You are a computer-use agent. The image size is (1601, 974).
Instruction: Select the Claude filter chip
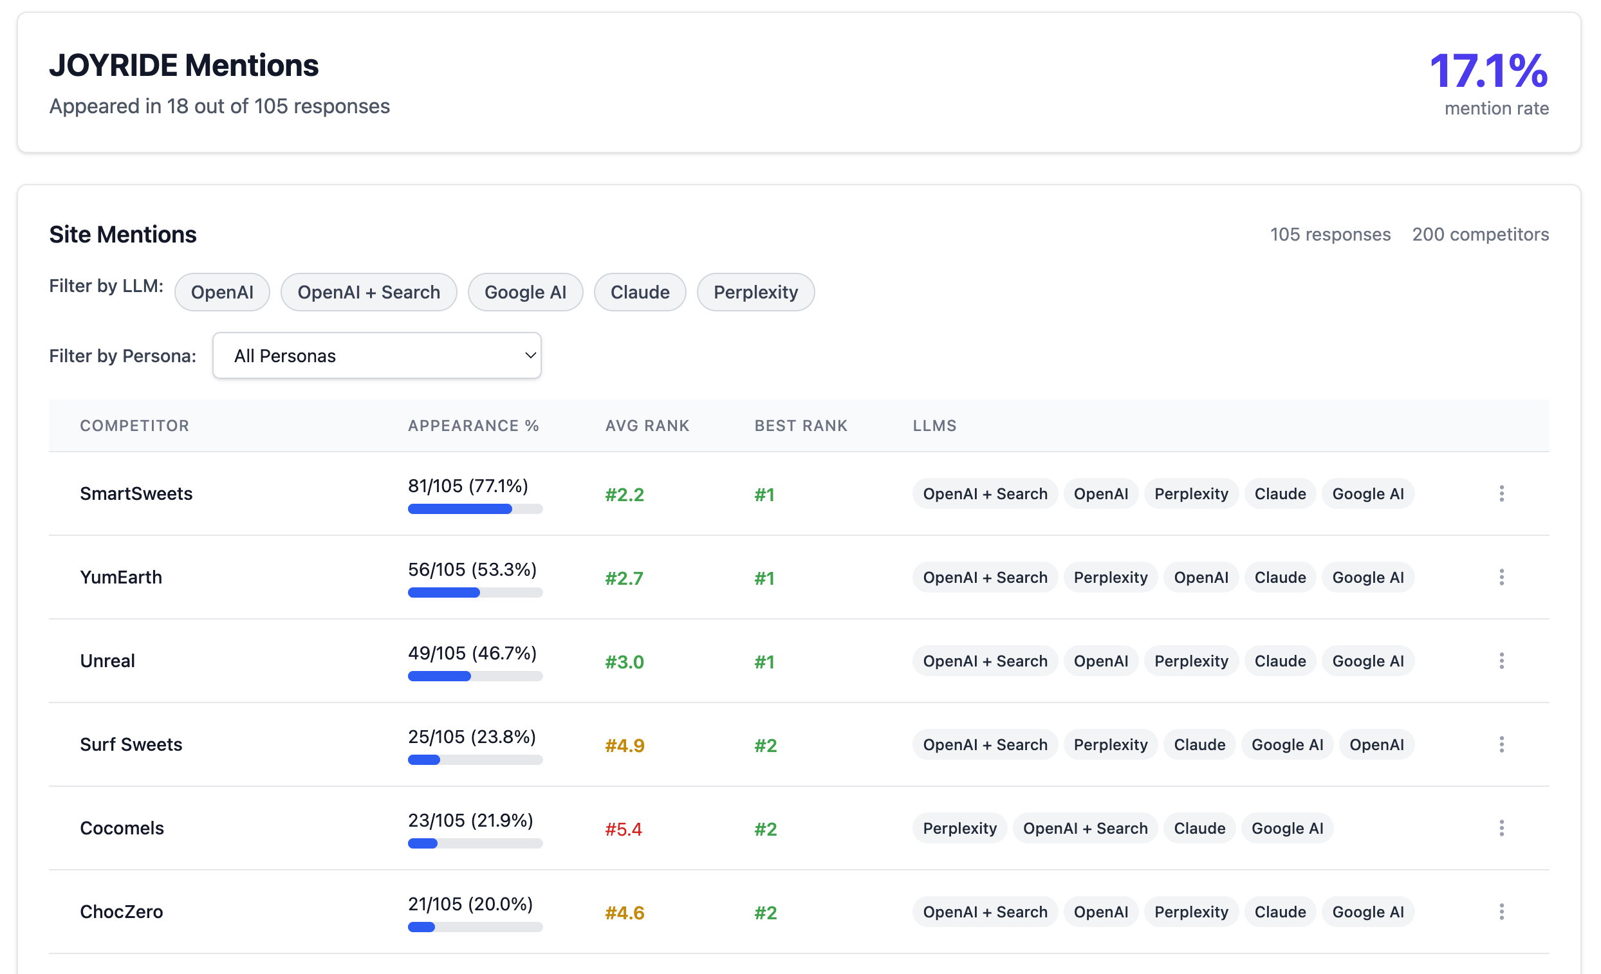640,293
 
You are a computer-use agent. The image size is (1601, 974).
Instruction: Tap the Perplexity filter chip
755,293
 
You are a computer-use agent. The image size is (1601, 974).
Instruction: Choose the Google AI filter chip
525,293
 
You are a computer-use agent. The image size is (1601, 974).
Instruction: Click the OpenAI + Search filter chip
369,293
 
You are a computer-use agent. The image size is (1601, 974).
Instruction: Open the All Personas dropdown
377,356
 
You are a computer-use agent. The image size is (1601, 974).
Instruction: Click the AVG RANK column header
647,426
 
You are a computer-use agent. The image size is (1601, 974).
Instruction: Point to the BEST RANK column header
800,426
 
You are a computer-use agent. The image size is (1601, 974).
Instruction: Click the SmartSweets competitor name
136,494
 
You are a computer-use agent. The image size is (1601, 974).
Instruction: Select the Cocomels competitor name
122,829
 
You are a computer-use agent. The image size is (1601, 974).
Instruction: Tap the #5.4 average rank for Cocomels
623,829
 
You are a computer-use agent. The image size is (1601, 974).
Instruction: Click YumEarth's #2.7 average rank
624,578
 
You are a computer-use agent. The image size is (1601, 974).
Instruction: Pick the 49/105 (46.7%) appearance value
472,653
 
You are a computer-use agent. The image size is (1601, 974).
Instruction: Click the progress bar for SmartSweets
475,509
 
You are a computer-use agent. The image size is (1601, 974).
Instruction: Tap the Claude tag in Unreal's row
1279,661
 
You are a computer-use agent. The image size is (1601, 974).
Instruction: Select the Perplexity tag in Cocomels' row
959,829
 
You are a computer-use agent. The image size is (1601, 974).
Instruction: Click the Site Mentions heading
123,235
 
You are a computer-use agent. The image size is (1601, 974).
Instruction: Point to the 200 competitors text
1480,235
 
